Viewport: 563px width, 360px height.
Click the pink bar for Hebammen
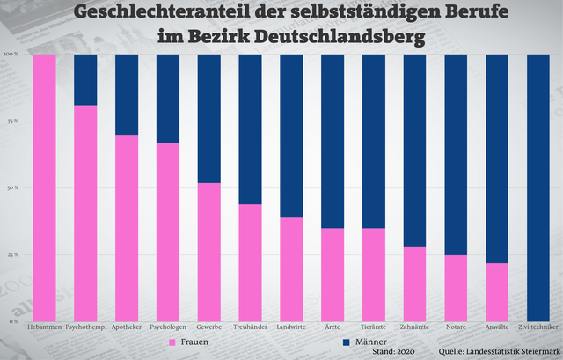click(x=44, y=187)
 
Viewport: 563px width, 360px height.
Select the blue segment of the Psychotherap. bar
click(x=85, y=79)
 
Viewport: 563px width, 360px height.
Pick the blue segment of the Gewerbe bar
click(x=209, y=118)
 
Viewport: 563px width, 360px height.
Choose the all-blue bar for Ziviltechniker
click(x=539, y=187)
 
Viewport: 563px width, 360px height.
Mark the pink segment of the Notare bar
click(x=457, y=288)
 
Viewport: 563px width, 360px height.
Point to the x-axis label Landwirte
click(x=292, y=327)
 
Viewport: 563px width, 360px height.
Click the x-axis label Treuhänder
click(x=251, y=327)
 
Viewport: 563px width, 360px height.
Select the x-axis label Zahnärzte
click(x=415, y=327)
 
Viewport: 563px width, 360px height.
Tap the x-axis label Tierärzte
click(x=374, y=327)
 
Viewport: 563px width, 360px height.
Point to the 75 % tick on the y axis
click(x=12, y=121)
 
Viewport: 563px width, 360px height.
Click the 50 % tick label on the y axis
click(x=12, y=187)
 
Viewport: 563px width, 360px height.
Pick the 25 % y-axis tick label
click(x=12, y=254)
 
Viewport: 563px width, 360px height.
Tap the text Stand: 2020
click(x=396, y=351)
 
